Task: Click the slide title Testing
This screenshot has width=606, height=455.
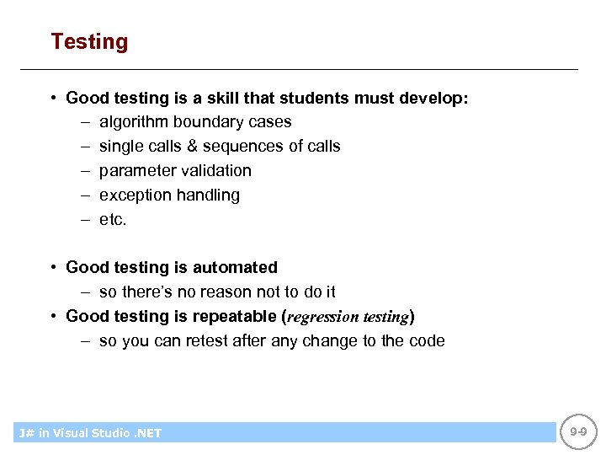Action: click(89, 41)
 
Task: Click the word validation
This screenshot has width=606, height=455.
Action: click(214, 171)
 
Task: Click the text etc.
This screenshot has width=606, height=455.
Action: click(113, 220)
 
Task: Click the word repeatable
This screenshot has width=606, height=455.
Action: click(236, 316)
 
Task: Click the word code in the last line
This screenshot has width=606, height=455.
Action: click(427, 341)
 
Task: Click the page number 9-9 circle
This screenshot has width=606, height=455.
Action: click(577, 431)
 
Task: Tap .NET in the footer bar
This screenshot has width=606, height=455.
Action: click(146, 433)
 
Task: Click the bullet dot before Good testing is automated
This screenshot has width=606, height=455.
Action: click(53, 267)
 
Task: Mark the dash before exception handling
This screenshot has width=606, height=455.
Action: click(85, 195)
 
